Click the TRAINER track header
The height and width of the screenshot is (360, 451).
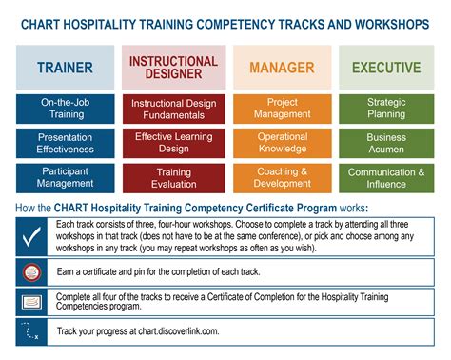click(65, 68)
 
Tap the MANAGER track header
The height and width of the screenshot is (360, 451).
click(282, 68)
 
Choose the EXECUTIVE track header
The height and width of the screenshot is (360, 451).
click(385, 68)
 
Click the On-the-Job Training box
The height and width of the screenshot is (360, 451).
click(65, 109)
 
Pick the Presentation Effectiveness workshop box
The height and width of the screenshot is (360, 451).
click(65, 143)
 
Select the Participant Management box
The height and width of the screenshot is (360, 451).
click(65, 177)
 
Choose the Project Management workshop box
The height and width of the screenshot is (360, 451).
click(282, 109)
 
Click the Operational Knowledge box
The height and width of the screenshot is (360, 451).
click(282, 143)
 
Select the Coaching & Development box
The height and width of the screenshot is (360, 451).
click(282, 177)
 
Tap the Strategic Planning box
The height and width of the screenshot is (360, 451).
click(385, 109)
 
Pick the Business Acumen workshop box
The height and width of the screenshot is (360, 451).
click(385, 143)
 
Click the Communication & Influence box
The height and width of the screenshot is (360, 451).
click(385, 177)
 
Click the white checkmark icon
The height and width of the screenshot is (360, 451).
click(29, 235)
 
